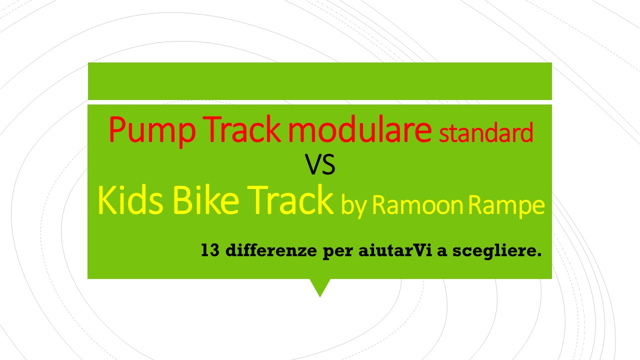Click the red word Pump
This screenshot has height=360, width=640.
(x=152, y=131)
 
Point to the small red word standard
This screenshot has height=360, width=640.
(x=486, y=132)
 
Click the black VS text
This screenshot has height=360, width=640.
(x=319, y=164)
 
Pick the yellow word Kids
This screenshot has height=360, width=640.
(x=130, y=199)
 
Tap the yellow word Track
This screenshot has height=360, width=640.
(x=290, y=199)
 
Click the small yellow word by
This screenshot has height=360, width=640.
(x=353, y=205)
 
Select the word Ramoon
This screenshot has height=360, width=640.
(x=417, y=204)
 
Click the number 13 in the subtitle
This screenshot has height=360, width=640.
(x=210, y=250)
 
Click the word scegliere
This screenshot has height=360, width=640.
(x=497, y=251)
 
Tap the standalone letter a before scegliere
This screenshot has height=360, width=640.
(x=442, y=252)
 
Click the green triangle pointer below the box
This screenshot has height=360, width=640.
(x=320, y=285)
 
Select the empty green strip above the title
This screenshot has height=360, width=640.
(x=319, y=81)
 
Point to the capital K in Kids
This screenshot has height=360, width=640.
(x=107, y=199)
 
